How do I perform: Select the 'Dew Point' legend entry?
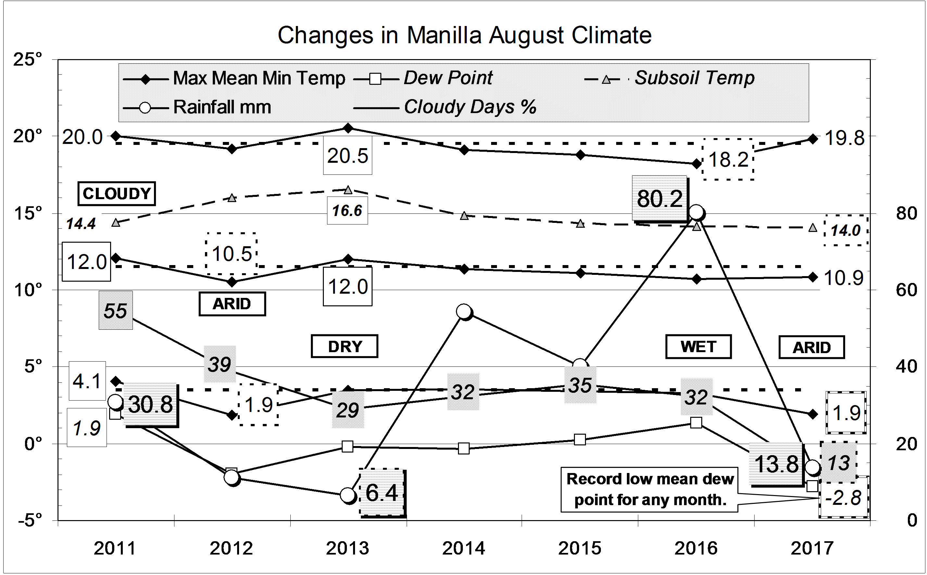(447, 78)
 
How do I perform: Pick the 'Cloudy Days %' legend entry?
(470, 107)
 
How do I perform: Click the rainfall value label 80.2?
(660, 198)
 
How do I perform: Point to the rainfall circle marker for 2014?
(463, 311)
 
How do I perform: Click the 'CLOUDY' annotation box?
(117, 194)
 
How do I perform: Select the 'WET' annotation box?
(698, 346)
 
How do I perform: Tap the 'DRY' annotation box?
(345, 346)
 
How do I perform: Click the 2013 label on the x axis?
(348, 548)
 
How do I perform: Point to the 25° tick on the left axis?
(28, 60)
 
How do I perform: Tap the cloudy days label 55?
(115, 311)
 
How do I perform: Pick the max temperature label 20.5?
(348, 156)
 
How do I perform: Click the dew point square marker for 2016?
(696, 423)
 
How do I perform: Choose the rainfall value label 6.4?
(381, 493)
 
